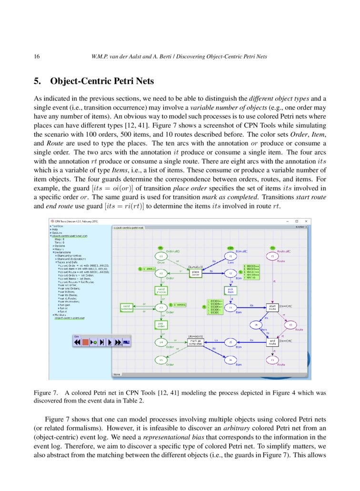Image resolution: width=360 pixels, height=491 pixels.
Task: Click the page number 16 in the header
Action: [x=37, y=57]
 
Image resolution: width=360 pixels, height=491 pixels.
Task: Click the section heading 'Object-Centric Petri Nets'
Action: [x=102, y=81]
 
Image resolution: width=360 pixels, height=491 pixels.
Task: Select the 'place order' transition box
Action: [x=195, y=273]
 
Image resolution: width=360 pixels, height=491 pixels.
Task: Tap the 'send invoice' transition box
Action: [x=160, y=290]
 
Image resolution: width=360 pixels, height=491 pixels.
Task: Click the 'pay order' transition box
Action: [x=160, y=324]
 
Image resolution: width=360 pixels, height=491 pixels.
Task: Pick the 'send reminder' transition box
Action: [x=126, y=307]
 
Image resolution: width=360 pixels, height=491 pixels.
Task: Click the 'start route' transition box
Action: [x=272, y=307]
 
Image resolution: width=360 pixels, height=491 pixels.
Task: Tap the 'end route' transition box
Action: [x=272, y=341]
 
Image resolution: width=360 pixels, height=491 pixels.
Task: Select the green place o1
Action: [x=161, y=256]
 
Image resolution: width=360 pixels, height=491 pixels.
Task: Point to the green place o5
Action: [x=161, y=360]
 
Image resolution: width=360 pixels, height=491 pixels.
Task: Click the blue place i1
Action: [x=230, y=256]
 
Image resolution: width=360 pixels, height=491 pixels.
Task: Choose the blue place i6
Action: [x=230, y=360]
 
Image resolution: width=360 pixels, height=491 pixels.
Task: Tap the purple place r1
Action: [x=272, y=256]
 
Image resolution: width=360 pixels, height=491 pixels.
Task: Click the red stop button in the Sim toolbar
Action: [x=85, y=342]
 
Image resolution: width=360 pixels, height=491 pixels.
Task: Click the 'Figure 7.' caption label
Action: [x=46, y=393]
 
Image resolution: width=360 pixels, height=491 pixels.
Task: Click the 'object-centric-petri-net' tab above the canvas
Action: [x=128, y=228]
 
